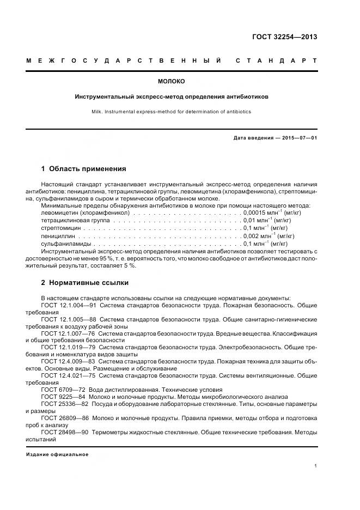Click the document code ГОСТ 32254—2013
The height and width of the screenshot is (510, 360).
pyautogui.click(x=284, y=37)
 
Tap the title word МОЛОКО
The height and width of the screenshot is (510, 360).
pyautogui.click(x=172, y=82)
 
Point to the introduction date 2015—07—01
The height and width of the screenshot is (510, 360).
pyautogui.click(x=298, y=138)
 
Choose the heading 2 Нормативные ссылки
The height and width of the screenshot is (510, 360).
pyautogui.click(x=85, y=283)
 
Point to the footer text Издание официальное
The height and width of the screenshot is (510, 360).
pyautogui.click(x=57, y=454)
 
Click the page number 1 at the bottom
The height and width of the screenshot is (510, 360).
pyautogui.click(x=315, y=466)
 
